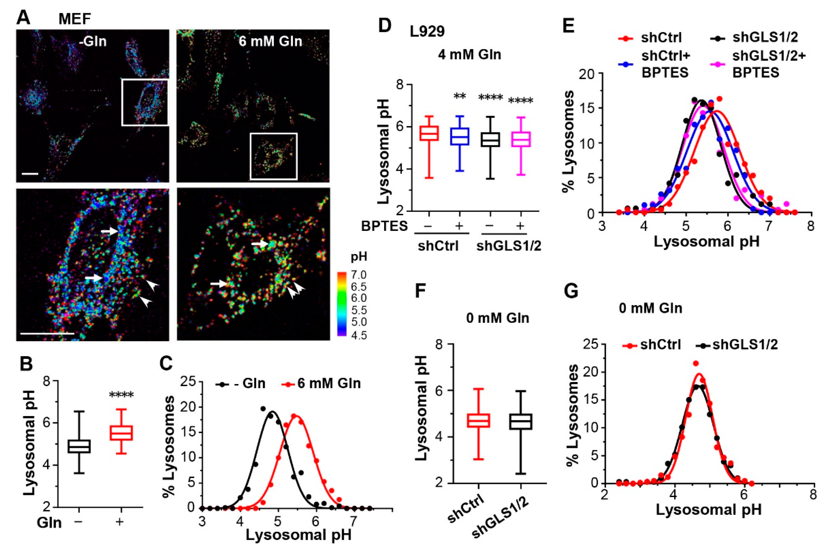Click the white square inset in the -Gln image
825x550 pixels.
145,102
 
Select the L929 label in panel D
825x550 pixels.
427,32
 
